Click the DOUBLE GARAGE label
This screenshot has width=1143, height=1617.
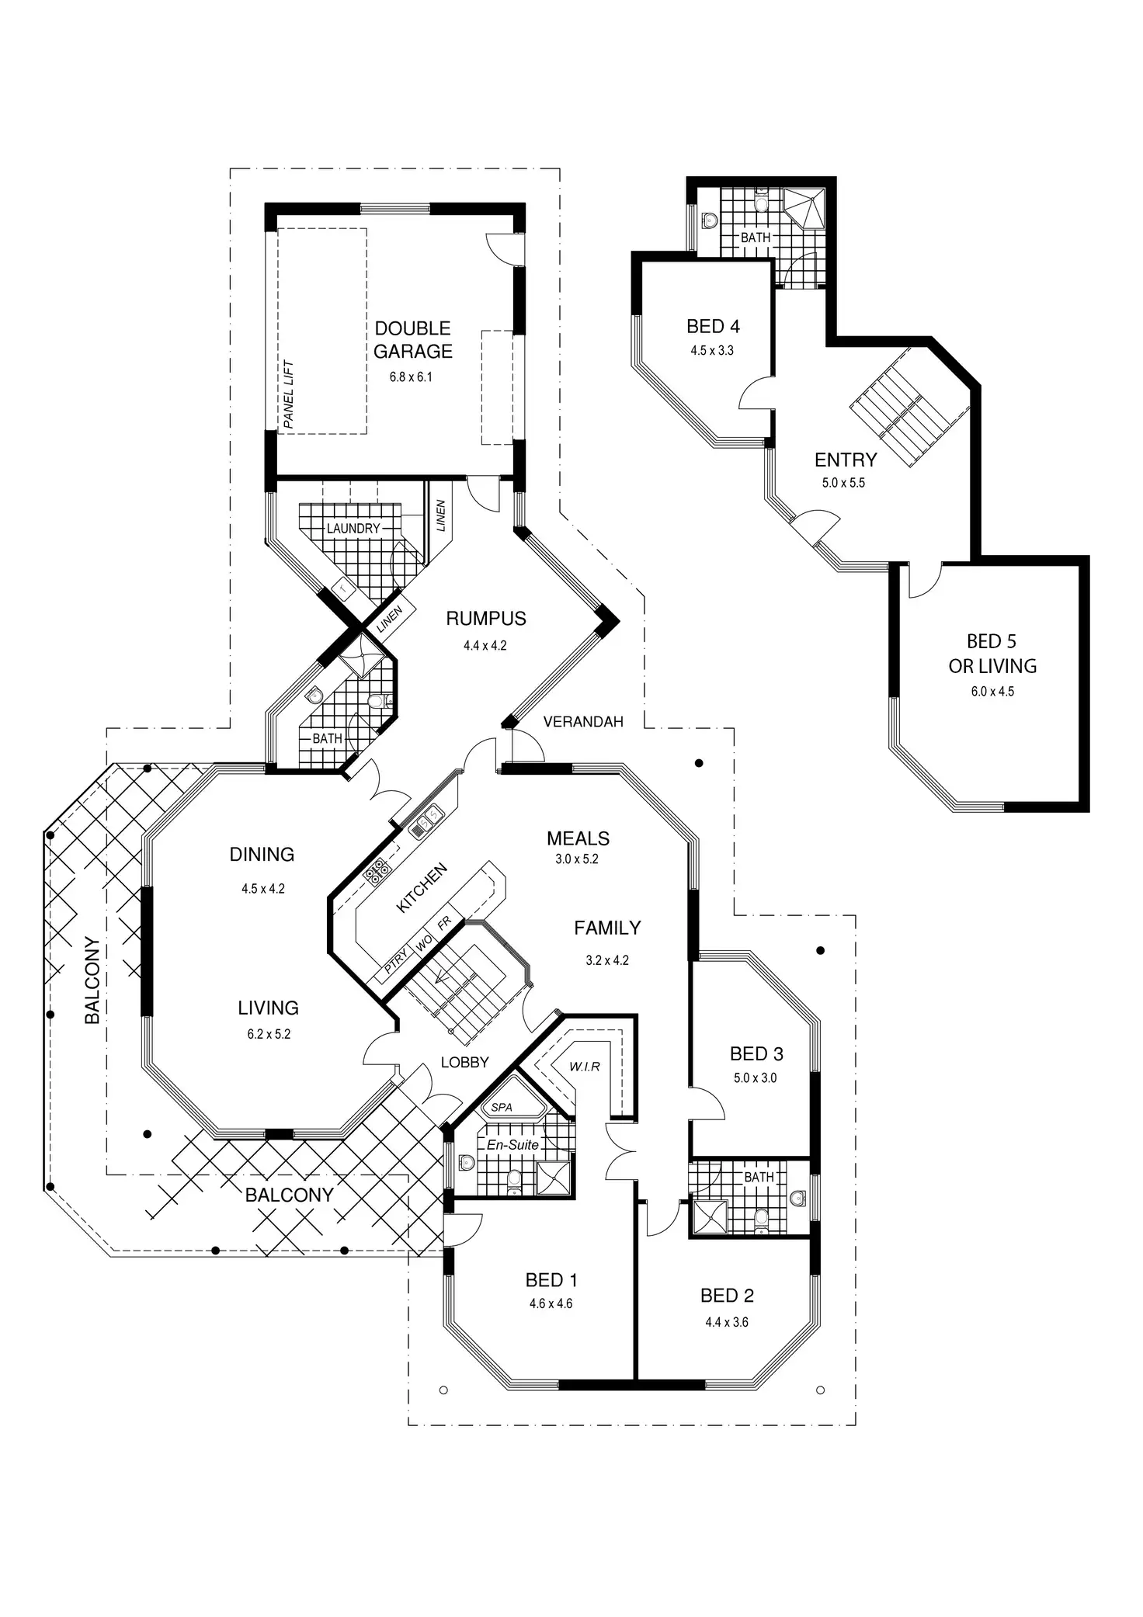tap(412, 340)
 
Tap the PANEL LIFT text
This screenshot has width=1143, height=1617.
tap(288, 394)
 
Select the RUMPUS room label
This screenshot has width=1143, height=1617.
tap(486, 619)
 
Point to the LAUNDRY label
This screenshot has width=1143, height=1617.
tap(353, 529)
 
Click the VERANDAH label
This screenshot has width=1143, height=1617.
tap(583, 722)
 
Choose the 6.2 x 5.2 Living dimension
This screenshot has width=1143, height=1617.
tap(269, 1034)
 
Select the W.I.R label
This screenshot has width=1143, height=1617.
tap(585, 1067)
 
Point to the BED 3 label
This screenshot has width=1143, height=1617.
tap(756, 1054)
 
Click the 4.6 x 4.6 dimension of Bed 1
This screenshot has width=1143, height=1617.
tap(551, 1303)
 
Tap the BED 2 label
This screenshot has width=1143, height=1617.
tap(727, 1296)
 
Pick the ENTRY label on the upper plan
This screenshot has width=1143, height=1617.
tap(846, 460)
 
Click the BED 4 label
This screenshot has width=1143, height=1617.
tap(713, 326)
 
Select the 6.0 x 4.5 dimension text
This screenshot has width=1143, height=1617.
tap(992, 692)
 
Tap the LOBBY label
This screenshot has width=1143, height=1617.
tap(464, 1062)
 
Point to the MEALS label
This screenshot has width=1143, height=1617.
tap(578, 838)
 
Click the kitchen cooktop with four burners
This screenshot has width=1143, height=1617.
tap(377, 873)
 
